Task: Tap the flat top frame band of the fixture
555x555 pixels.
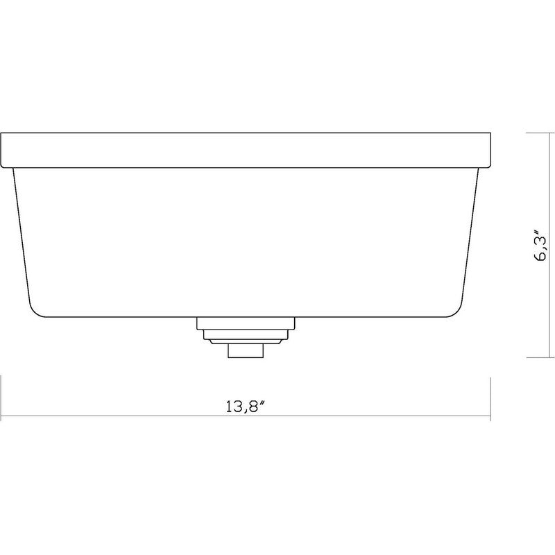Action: (246, 149)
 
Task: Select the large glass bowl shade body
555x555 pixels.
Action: (246, 243)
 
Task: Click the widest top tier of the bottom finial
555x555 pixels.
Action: (246, 323)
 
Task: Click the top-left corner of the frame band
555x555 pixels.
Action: (1, 133)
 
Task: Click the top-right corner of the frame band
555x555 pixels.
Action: (491, 133)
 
